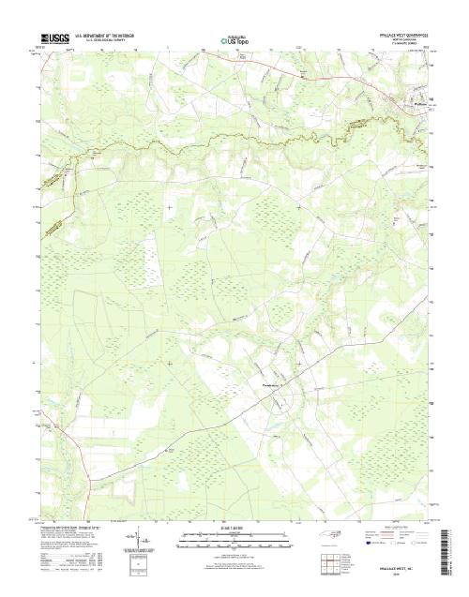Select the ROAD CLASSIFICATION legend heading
click(x=394, y=529)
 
